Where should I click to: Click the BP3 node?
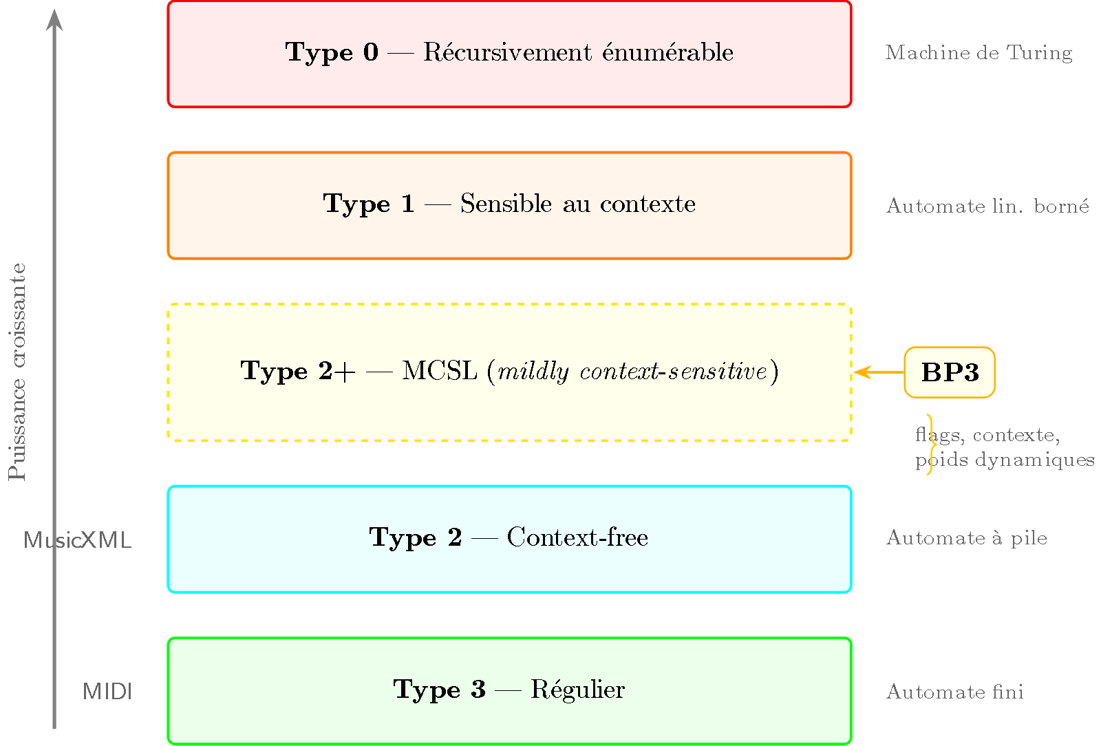(950, 372)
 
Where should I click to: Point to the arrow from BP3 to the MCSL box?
(879, 372)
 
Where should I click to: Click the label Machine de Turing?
(979, 53)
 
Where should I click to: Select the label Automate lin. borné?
(987, 206)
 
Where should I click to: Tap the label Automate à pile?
(967, 537)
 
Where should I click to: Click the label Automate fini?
(955, 692)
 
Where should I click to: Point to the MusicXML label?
(77, 540)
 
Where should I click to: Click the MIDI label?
(107, 692)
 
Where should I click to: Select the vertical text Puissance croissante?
(17, 372)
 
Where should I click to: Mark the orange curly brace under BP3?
(930, 445)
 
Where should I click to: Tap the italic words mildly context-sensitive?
(632, 372)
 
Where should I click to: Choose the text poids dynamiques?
(1005, 460)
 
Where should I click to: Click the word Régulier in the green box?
(578, 690)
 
